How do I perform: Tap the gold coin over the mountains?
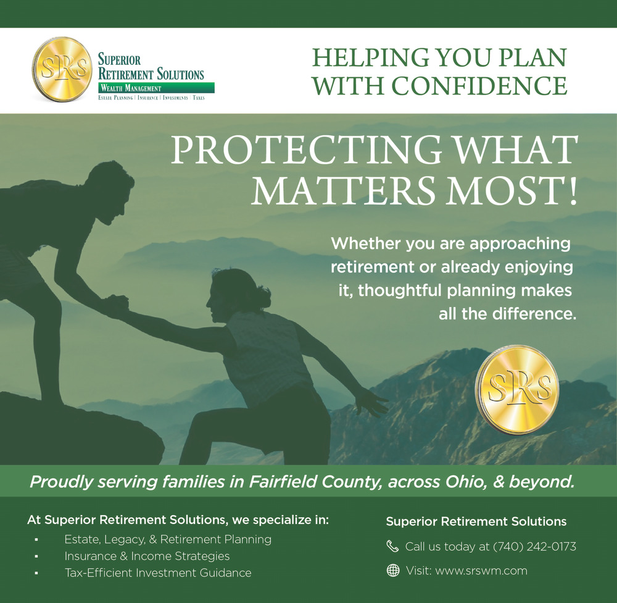(517, 390)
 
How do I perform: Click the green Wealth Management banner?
(156, 88)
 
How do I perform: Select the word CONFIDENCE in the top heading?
(479, 85)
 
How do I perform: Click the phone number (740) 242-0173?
(535, 547)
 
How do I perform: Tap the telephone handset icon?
(392, 546)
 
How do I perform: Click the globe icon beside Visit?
(392, 570)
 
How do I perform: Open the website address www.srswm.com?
(481, 571)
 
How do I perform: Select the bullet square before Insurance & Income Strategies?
(36, 557)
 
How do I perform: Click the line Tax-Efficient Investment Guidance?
(158, 573)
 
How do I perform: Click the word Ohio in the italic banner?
(465, 482)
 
